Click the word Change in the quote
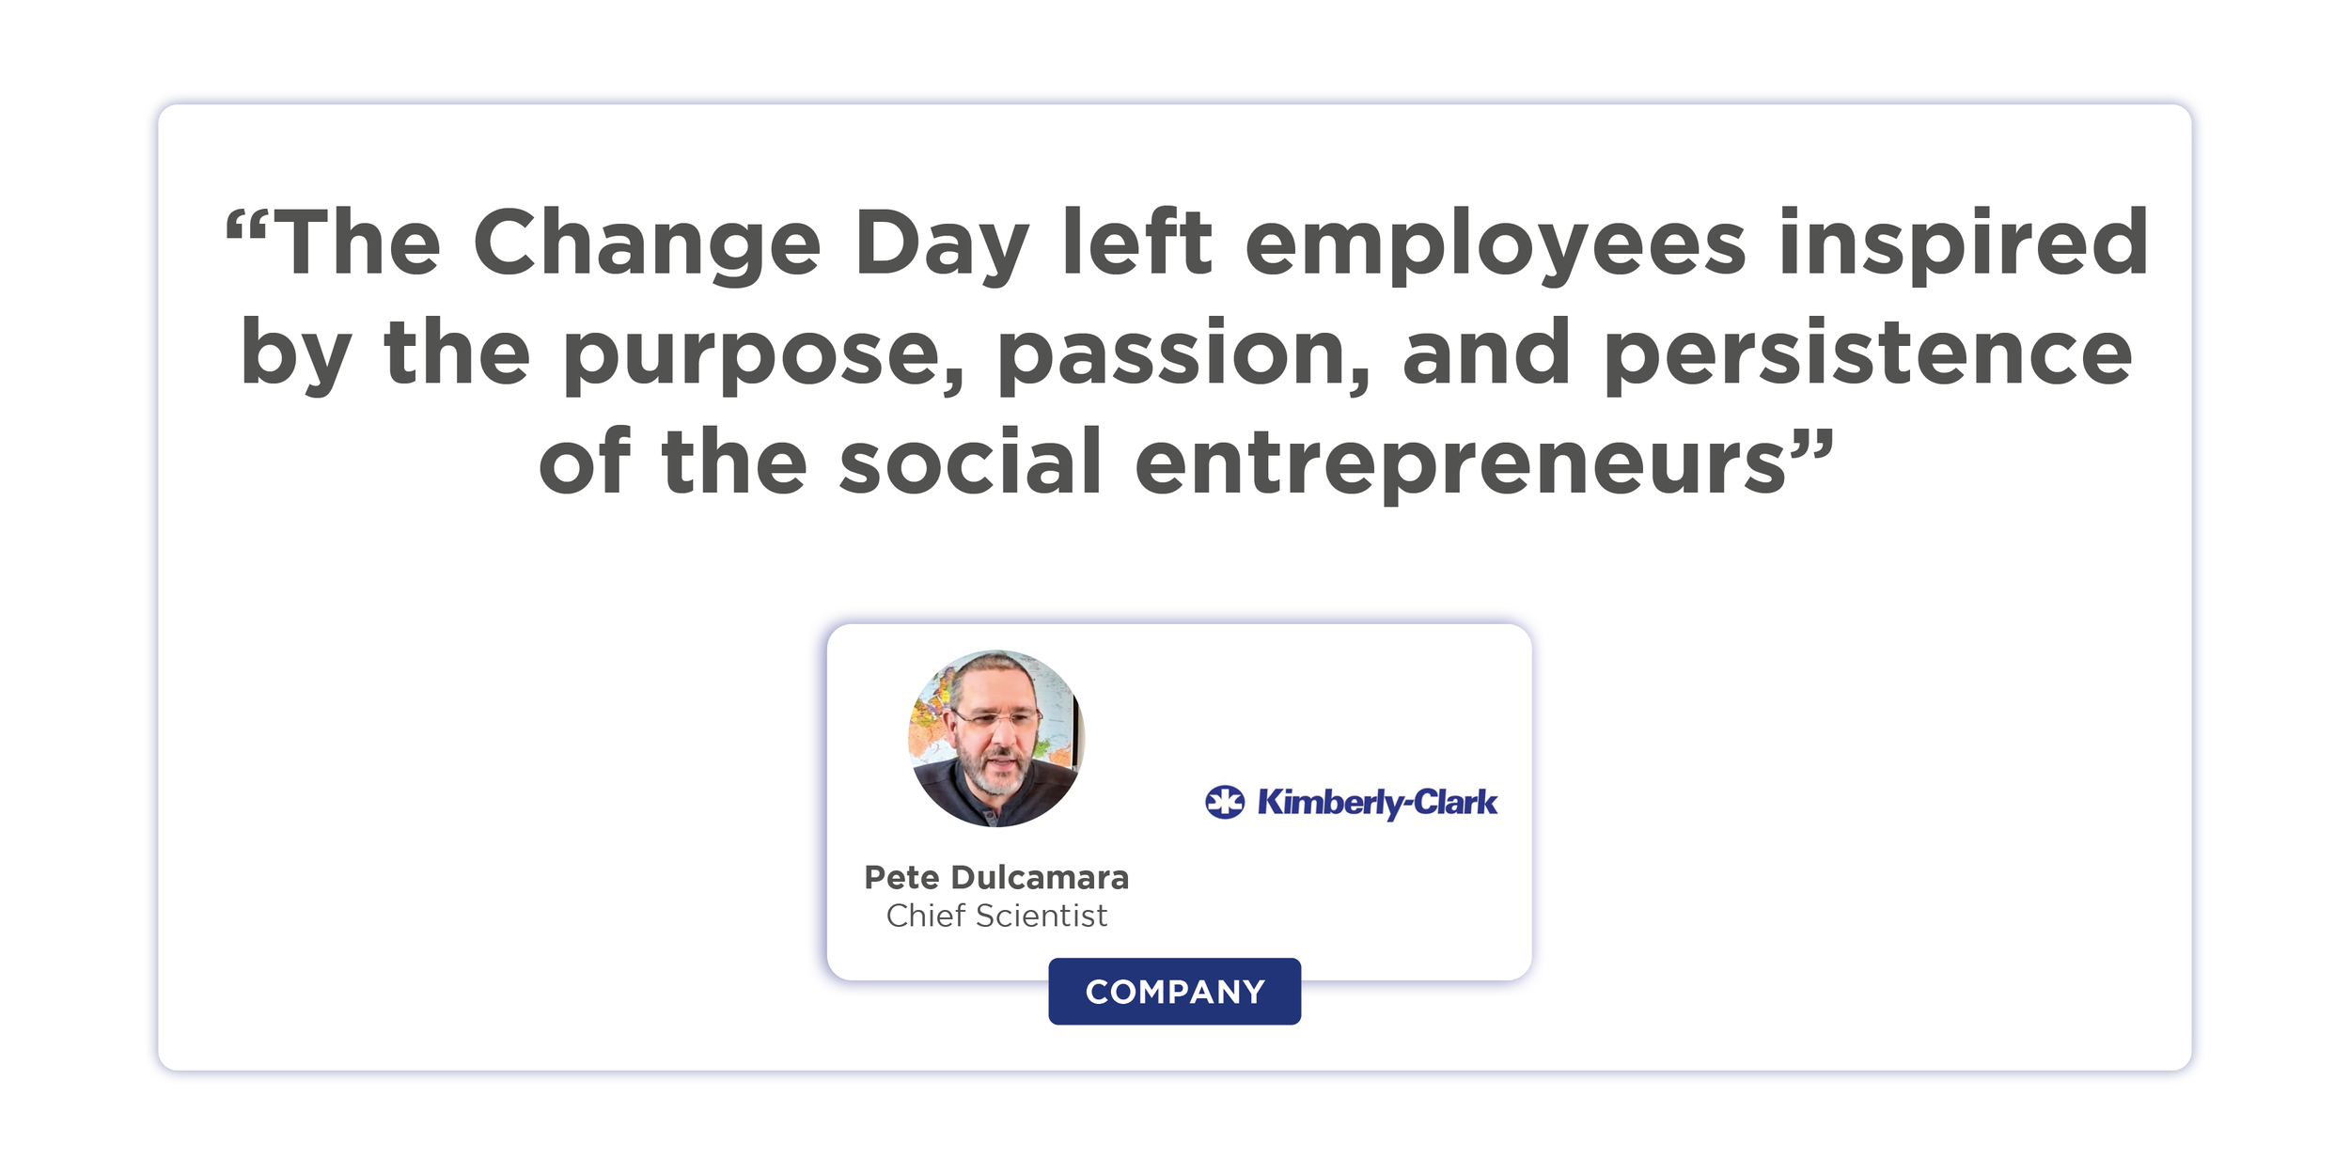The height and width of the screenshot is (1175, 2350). pos(647,244)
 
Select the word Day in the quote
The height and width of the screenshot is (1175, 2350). pos(942,244)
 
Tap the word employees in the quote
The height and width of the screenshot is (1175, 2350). pos(1495,244)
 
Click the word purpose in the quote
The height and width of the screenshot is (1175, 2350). pos(763,355)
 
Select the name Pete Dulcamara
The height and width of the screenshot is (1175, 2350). pos(996,877)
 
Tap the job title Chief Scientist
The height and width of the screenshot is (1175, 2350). pos(996,916)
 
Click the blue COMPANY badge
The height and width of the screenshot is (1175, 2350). pos(1174,992)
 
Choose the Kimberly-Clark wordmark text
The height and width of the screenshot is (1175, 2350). pos(1377,802)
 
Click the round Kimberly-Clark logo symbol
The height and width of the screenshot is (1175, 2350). pos(1225,802)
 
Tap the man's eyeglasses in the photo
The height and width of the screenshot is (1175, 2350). pos(996,720)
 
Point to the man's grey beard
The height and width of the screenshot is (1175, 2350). pos(995,776)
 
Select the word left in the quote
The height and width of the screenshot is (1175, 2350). pos(1137,244)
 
